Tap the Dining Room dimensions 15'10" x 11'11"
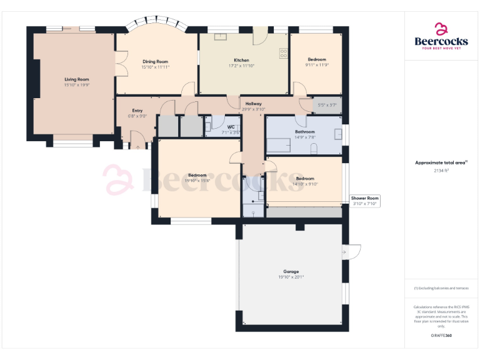click(155, 67)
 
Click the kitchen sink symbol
click(221, 36)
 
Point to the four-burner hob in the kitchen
click(283, 54)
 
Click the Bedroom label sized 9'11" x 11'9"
click(316, 60)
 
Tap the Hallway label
click(253, 104)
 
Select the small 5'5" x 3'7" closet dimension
click(327, 105)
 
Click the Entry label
click(137, 111)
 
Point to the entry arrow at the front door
click(137, 147)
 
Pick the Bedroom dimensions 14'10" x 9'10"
click(304, 184)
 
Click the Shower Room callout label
click(365, 198)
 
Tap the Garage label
click(291, 272)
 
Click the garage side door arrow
click(344, 252)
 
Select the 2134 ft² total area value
click(441, 170)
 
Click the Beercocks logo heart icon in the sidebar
click(441, 29)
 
